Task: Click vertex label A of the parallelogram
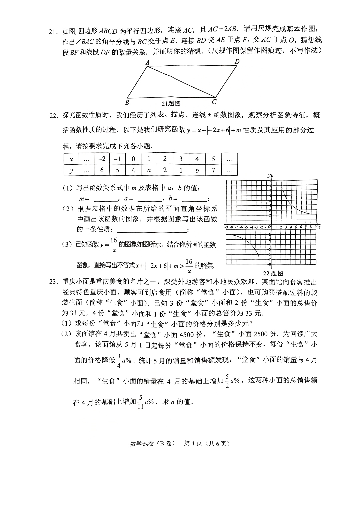click(x=147, y=62)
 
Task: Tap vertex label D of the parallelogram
click(x=237, y=61)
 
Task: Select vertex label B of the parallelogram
click(x=127, y=103)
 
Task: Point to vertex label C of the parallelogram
click(x=214, y=102)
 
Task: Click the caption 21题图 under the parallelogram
click(x=171, y=104)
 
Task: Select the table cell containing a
click(x=149, y=170)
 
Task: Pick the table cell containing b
click(x=197, y=170)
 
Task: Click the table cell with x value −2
click(x=102, y=159)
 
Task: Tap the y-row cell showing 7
click(x=213, y=170)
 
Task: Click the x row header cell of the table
click(x=71, y=159)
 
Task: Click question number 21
click(x=54, y=32)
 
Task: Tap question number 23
click(x=54, y=282)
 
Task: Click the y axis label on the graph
click(x=269, y=175)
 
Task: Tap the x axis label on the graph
click(x=319, y=227)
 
